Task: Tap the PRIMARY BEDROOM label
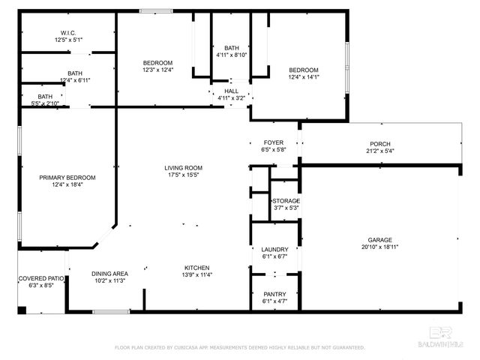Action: tap(67, 178)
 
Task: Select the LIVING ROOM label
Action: tap(184, 167)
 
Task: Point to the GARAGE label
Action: tap(379, 240)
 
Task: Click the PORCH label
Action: tap(380, 144)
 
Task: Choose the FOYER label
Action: tap(273, 142)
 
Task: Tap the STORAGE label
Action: tap(286, 201)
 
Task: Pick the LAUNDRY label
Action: tap(274, 250)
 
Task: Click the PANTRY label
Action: tap(274, 295)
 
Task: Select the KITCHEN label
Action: tap(197, 268)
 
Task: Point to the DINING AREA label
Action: tap(109, 274)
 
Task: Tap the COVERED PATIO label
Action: tap(40, 278)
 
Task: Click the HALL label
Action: tap(231, 91)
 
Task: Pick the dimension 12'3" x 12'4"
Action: tap(158, 70)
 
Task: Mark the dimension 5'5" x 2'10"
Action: tap(46, 103)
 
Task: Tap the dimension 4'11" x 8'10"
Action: tap(231, 55)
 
